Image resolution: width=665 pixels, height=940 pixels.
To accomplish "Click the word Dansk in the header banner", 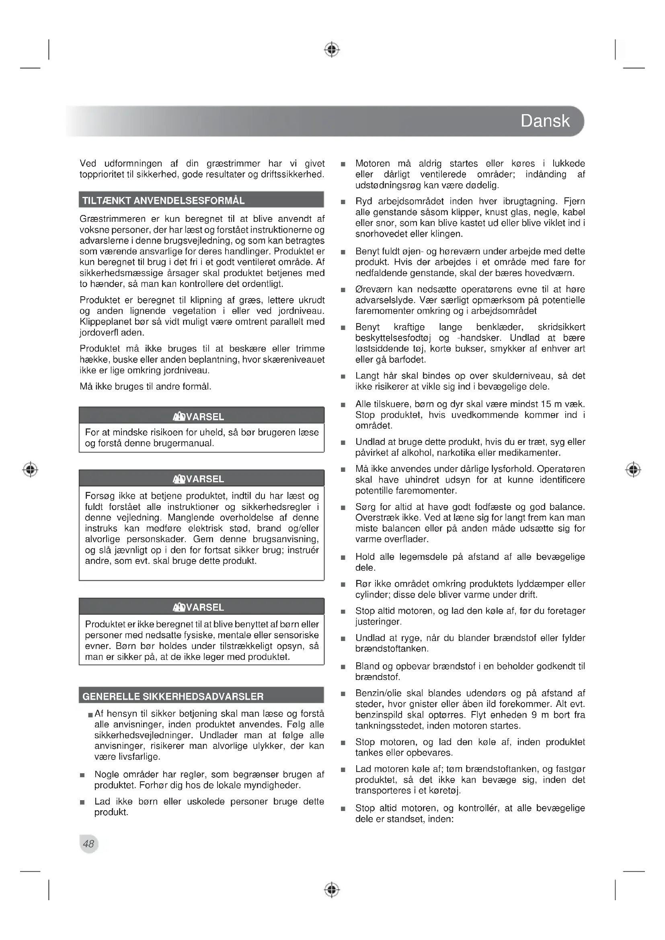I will click(x=545, y=121).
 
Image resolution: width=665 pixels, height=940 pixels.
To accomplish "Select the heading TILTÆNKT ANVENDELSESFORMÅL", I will click(x=163, y=201).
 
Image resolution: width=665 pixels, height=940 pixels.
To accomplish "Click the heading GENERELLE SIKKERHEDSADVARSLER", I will click(x=173, y=696).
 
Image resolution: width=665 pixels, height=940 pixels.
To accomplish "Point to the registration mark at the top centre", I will click(x=332, y=49).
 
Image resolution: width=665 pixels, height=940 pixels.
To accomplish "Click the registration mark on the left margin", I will click(x=30, y=469).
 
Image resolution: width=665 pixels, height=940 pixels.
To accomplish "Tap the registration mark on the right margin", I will click(x=633, y=469).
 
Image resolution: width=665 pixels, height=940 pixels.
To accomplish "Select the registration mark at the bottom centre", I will click(x=332, y=890).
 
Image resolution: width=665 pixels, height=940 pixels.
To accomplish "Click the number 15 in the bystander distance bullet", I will click(x=546, y=404).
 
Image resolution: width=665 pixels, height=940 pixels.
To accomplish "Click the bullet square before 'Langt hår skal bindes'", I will click(x=343, y=377).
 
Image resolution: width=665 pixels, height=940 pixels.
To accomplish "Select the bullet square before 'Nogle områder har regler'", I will click(x=82, y=775).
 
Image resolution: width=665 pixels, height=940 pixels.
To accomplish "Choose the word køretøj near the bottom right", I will click(x=445, y=791).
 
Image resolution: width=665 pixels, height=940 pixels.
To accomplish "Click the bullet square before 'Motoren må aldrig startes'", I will click(x=343, y=165).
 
